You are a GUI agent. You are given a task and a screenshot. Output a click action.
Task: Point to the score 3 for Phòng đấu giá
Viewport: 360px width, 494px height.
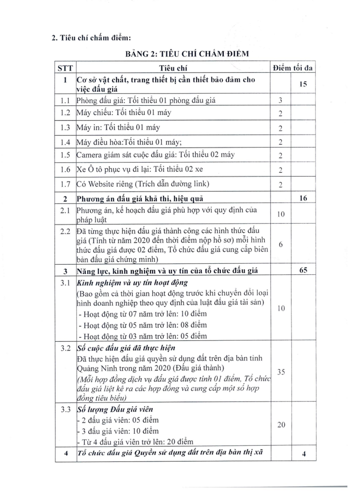[x=280, y=101]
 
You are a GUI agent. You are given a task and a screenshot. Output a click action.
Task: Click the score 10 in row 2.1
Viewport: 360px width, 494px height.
[x=280, y=215]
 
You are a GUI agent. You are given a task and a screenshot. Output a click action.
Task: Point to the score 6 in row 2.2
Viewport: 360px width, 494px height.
[x=280, y=245]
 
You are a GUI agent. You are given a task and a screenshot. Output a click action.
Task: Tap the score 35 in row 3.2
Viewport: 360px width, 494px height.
[x=280, y=372]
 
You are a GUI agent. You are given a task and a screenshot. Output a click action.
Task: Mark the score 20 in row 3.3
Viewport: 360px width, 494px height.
[x=280, y=425]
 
